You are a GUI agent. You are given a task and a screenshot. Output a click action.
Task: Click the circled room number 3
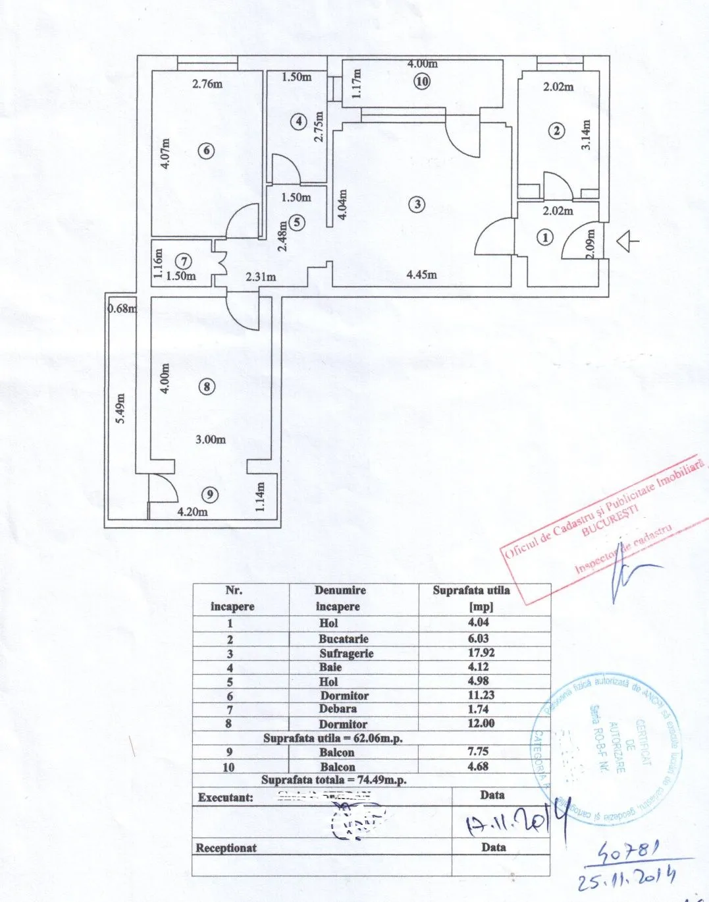click(x=417, y=204)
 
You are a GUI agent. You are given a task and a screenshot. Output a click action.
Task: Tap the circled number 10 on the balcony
click(x=422, y=82)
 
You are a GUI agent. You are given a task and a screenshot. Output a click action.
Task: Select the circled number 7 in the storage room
click(x=186, y=262)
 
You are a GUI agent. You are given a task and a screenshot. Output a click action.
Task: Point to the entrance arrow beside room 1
click(x=627, y=242)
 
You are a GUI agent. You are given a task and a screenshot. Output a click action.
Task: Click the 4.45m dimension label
click(x=421, y=275)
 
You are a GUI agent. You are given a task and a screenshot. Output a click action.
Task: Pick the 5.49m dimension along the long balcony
click(x=120, y=408)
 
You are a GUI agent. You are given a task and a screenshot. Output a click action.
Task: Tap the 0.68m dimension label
click(x=122, y=308)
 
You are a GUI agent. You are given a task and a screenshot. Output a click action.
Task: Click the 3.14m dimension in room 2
click(x=586, y=134)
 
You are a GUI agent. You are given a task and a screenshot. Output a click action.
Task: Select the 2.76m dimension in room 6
click(x=207, y=84)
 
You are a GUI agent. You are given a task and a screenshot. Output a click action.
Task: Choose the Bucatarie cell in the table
click(x=343, y=638)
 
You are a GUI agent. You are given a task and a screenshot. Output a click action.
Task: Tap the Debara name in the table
click(x=338, y=709)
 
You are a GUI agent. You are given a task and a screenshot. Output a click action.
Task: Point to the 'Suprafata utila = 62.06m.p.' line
click(x=332, y=738)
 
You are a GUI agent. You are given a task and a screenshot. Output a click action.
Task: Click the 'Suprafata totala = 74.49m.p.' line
click(x=334, y=780)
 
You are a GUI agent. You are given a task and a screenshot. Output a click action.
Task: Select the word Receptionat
click(x=226, y=848)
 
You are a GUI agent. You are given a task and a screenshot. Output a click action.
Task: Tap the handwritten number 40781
click(x=627, y=855)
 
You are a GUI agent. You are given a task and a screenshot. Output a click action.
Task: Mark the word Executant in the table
click(x=226, y=797)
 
